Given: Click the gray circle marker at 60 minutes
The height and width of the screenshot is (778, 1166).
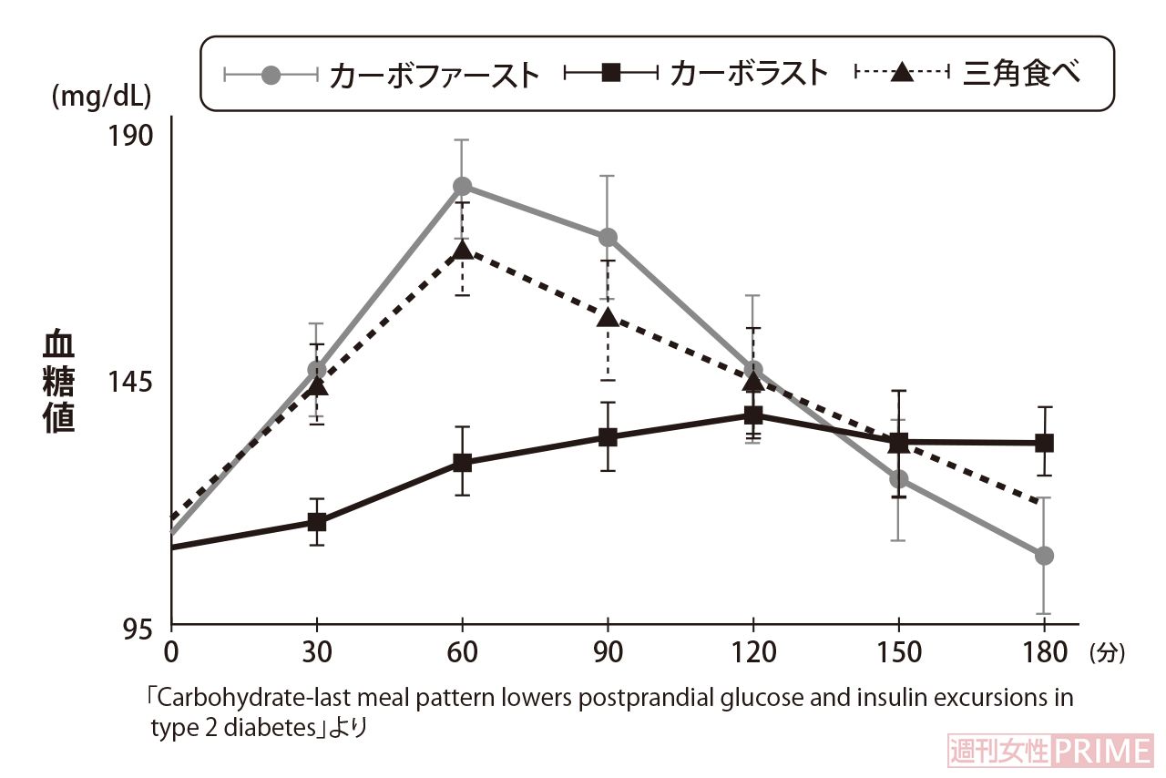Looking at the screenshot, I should [463, 186].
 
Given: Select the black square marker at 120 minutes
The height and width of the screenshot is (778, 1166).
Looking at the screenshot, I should [753, 415].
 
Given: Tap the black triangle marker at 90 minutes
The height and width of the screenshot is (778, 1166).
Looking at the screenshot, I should [608, 317].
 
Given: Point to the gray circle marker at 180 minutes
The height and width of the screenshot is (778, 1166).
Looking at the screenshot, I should [1044, 556].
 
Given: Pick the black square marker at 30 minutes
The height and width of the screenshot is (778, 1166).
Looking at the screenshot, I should [317, 522].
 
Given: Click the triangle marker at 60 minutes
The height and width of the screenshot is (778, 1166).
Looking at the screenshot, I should [463, 251].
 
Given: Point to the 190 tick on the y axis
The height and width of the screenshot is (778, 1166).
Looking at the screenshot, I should [132, 136].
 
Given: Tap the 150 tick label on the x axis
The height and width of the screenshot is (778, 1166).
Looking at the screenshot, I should [898, 653].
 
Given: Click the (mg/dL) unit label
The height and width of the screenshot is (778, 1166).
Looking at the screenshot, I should [101, 96].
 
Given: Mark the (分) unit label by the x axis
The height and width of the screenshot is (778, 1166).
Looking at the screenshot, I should [1107, 653].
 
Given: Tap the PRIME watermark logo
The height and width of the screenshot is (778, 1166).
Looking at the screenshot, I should [1103, 752].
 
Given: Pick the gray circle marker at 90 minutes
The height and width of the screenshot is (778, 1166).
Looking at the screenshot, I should [608, 238].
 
